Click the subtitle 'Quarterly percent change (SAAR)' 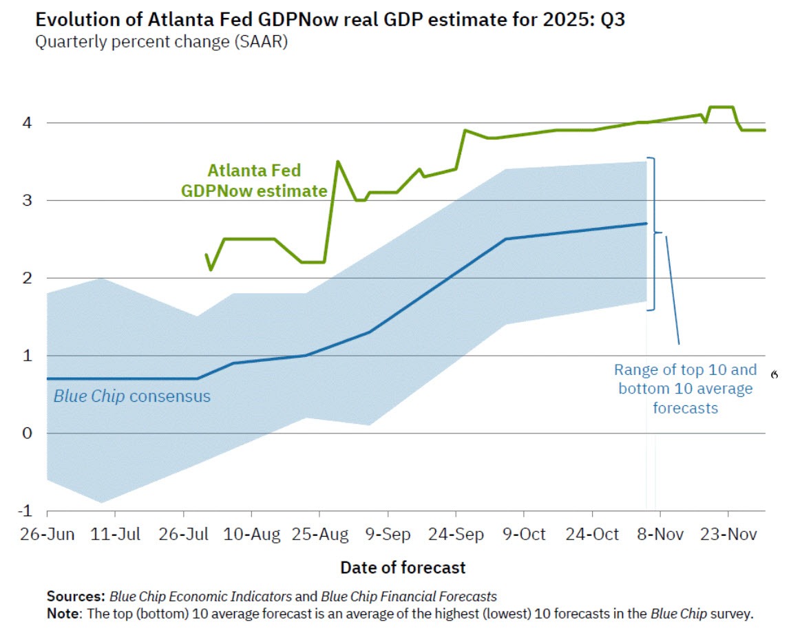(x=161, y=42)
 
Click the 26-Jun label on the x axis (x=47, y=535)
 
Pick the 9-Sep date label (x=388, y=535)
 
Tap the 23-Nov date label (x=728, y=535)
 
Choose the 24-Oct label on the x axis (x=592, y=535)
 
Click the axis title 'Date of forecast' (x=403, y=568)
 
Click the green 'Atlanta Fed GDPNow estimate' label (x=254, y=180)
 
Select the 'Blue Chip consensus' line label (x=132, y=396)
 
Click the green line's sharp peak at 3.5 (x=337, y=162)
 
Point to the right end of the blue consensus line (x=646, y=223)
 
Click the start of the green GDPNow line (x=206, y=255)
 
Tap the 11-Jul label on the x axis (x=115, y=535)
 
